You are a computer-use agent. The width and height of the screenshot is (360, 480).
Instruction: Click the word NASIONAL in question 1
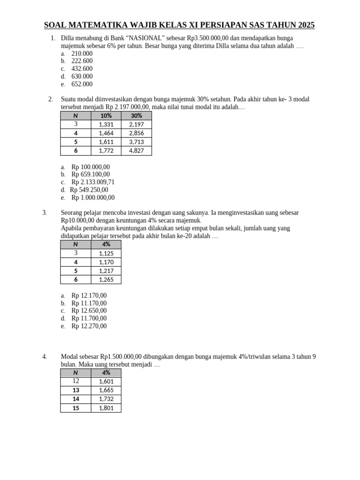(145, 38)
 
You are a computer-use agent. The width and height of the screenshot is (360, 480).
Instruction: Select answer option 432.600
(82, 69)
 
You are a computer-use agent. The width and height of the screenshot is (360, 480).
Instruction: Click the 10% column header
(106, 116)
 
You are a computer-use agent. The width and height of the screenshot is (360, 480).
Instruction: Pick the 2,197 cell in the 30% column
(136, 124)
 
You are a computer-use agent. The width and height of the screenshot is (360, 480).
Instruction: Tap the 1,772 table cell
(106, 150)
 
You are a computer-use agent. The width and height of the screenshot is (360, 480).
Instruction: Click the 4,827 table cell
(136, 150)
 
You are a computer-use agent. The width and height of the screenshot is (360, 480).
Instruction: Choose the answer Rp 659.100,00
(90, 174)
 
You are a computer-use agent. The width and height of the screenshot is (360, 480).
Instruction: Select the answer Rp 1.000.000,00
(93, 197)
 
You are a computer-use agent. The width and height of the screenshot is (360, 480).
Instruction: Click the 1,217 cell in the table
(106, 271)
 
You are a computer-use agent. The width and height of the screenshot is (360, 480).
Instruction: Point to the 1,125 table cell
(106, 253)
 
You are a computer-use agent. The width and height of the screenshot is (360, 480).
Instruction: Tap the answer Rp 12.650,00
(89, 310)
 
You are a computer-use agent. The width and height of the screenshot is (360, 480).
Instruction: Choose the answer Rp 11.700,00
(89, 318)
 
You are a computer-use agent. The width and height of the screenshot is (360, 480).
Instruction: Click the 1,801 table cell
(106, 408)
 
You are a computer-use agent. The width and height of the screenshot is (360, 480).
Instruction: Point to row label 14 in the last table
(76, 399)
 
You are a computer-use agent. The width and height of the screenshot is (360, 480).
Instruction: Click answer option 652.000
(82, 84)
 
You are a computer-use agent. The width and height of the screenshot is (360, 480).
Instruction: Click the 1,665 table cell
(106, 390)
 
